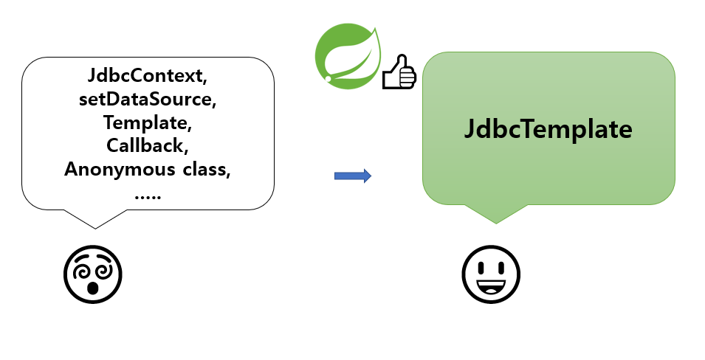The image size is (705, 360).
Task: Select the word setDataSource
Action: [x=147, y=99]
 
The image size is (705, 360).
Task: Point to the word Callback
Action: [x=147, y=145]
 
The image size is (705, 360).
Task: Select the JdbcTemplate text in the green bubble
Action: [x=548, y=129]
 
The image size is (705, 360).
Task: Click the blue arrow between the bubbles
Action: [x=352, y=176]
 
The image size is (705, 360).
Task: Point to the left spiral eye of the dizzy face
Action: [x=80, y=269]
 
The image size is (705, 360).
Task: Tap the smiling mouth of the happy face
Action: [x=491, y=285]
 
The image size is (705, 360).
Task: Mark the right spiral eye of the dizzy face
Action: [x=104, y=269]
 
